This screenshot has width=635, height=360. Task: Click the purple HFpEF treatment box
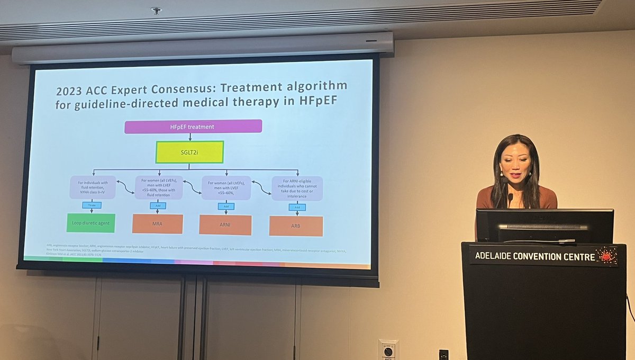click(193, 127)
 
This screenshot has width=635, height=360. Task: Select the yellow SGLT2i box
click(189, 152)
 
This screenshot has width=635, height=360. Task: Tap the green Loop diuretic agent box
click(91, 223)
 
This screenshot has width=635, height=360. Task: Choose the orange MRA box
click(158, 224)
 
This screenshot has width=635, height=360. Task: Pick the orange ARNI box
click(225, 225)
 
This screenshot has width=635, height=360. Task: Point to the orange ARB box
click(296, 226)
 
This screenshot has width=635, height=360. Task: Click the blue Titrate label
click(92, 205)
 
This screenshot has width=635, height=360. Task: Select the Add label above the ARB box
click(297, 207)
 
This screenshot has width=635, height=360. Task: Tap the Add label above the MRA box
click(158, 205)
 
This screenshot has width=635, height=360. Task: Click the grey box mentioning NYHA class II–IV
click(93, 187)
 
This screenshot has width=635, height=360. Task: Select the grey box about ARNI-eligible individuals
click(297, 188)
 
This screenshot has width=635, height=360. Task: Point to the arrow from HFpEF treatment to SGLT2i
click(190, 137)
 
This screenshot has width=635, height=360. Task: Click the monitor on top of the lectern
click(545, 226)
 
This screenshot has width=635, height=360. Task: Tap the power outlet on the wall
click(388, 350)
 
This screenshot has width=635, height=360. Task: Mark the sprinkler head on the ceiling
click(156, 11)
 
